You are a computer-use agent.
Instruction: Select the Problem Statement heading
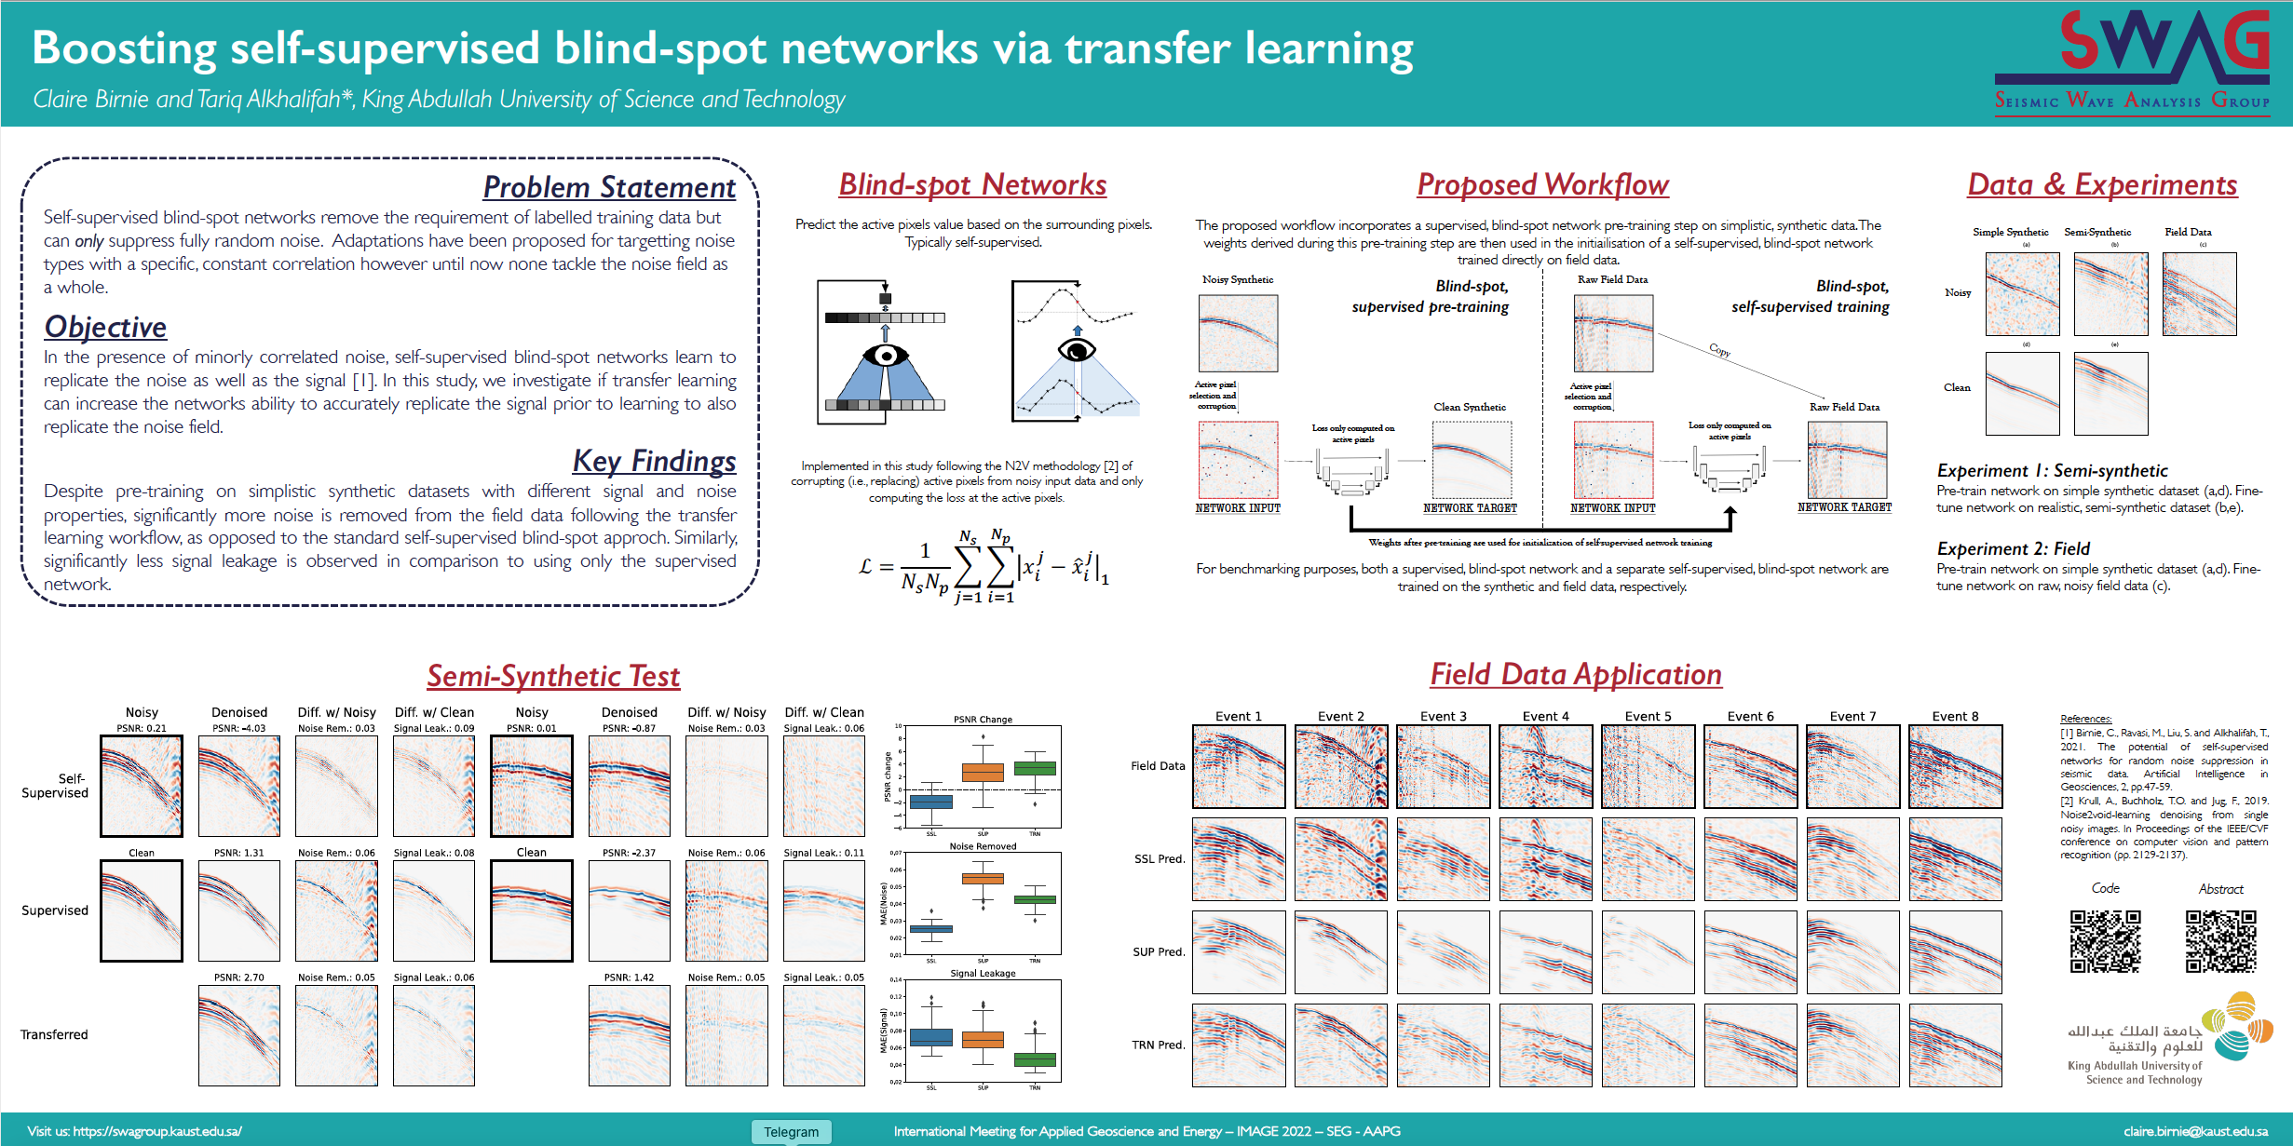608,187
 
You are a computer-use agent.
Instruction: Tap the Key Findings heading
654,461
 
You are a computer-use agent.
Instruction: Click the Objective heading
105,327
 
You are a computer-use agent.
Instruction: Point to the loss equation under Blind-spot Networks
983,566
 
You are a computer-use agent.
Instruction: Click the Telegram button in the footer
791,1131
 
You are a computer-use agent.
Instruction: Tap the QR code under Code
2105,941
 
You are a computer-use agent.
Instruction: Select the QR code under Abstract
2220,941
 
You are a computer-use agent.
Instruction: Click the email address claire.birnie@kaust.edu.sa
2195,1131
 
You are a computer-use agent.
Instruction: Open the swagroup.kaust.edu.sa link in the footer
157,1131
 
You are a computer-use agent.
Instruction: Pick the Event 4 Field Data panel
1545,766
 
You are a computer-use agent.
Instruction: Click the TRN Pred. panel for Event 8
1955,1045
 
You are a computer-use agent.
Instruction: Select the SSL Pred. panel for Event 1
1239,859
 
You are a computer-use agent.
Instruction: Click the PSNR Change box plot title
983,719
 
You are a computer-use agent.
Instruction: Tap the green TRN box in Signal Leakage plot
1035,1059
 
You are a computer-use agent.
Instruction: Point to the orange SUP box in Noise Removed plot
983,878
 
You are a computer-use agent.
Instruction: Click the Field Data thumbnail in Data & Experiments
2199,293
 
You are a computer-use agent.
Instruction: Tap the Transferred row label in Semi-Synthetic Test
54,1034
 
